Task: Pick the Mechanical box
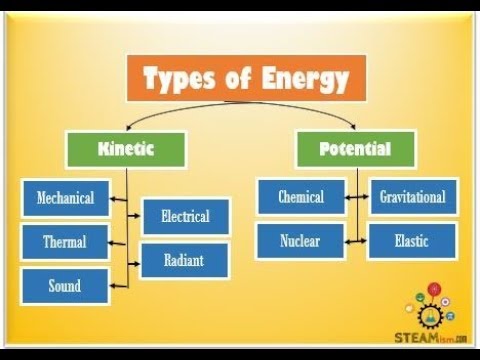coord(65,198)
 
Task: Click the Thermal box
coord(65,242)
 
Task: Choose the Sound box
coord(65,286)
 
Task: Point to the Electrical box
coord(185,216)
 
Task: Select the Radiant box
coord(185,261)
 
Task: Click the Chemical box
coord(300,197)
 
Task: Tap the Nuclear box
coord(300,241)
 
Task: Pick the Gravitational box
coord(412,197)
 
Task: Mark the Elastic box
coord(412,241)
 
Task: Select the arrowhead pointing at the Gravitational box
coord(364,197)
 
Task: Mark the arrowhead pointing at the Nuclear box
coord(348,241)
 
